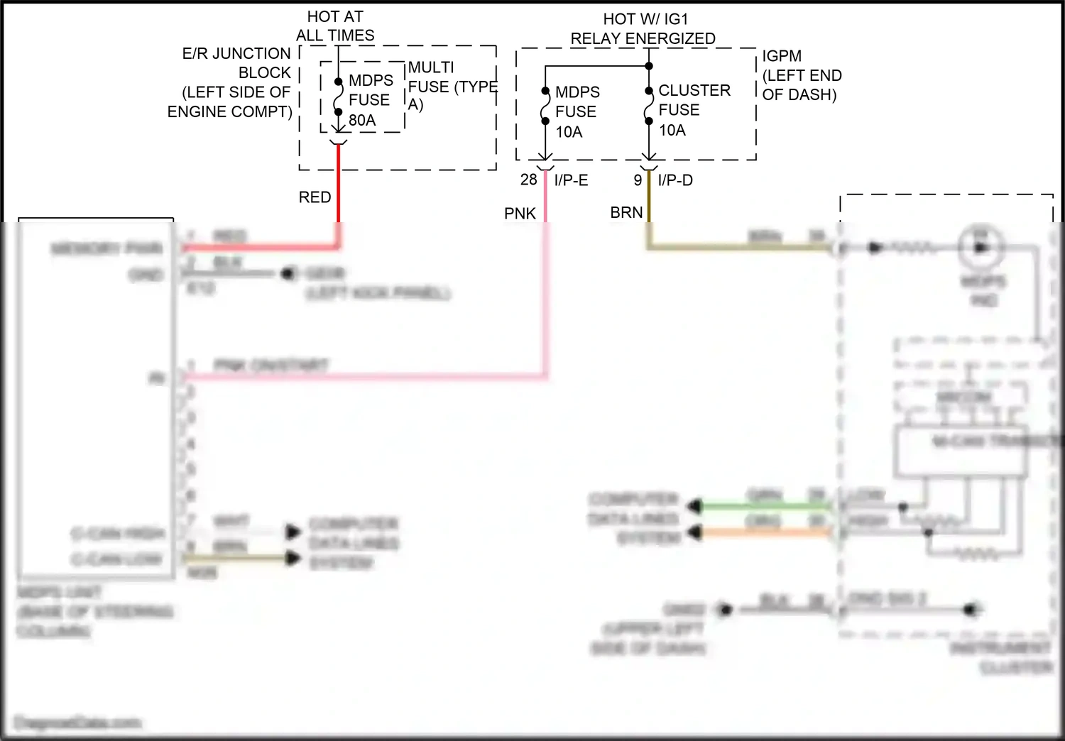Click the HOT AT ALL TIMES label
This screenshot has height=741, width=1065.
335,26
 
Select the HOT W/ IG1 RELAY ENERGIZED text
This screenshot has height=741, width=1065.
643,29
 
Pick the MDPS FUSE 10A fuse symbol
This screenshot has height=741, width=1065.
545,106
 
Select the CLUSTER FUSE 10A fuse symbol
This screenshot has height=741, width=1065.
648,106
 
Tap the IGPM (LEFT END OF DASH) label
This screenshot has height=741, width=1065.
802,75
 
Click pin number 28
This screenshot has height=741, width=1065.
528,180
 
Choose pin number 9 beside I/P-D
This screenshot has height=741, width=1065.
638,181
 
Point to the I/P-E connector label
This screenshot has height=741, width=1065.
571,181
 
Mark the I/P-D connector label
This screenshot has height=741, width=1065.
675,181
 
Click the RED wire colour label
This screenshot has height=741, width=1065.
315,197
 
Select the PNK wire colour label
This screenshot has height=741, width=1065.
520,214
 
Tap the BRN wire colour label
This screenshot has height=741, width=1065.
626,213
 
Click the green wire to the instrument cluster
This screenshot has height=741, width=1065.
763,506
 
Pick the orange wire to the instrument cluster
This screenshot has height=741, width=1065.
763,532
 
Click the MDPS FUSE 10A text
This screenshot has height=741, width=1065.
577,112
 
